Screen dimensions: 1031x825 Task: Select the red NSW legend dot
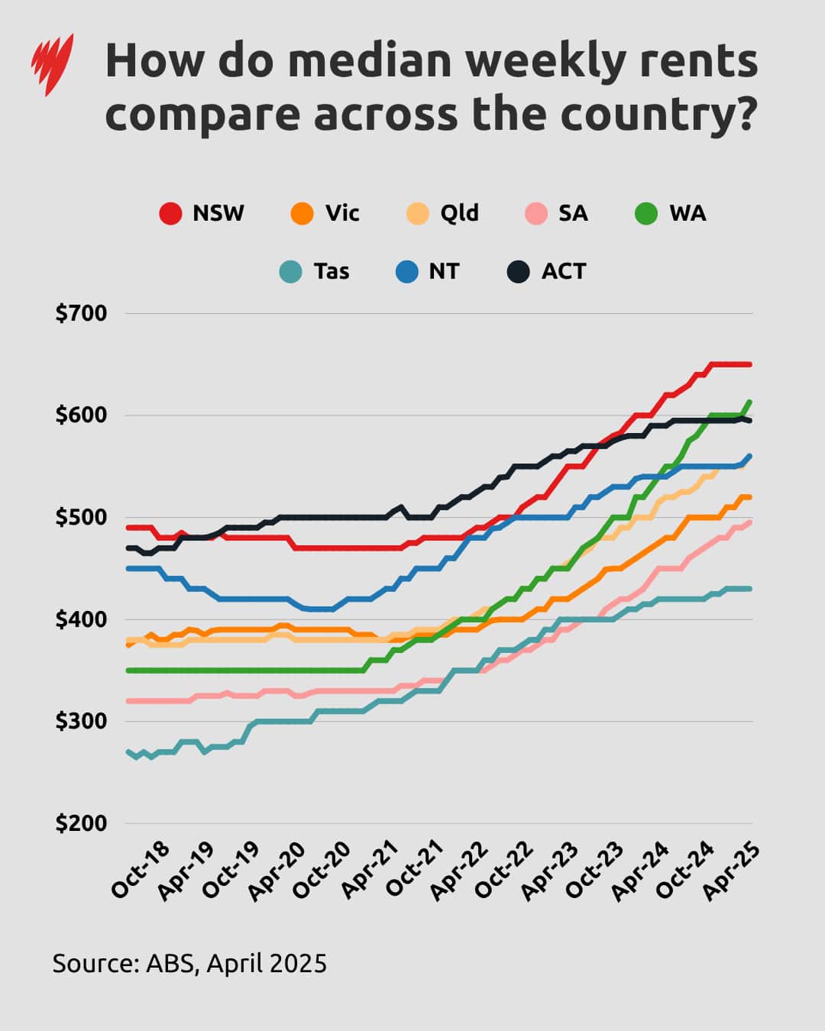[170, 213]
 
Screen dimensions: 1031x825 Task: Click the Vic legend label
[341, 213]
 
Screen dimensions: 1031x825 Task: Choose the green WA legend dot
[646, 213]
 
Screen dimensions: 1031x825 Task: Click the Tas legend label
[331, 271]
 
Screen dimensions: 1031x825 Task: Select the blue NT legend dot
[408, 271]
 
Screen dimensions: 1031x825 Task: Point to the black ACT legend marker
[519, 271]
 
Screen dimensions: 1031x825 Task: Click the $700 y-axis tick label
[81, 313]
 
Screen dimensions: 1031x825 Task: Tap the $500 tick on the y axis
[81, 517]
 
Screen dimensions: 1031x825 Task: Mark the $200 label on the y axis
[81, 823]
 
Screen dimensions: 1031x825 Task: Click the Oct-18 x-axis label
[141, 870]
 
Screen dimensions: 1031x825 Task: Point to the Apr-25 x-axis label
[731, 870]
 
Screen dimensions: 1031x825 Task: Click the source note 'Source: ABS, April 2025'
[189, 963]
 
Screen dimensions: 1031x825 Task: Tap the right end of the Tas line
[750, 588]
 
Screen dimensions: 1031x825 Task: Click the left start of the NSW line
[128, 527]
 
